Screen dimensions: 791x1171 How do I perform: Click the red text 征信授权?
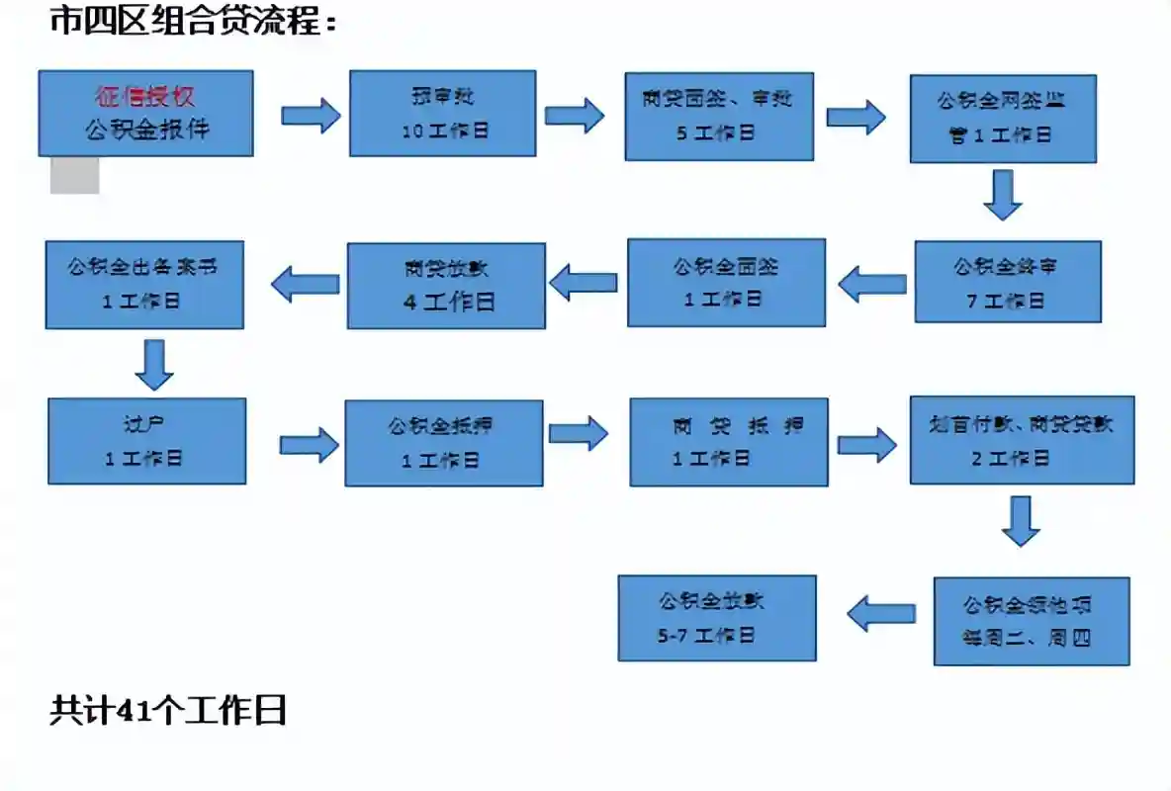[144, 96]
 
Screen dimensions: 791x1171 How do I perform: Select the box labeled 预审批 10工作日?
[442, 114]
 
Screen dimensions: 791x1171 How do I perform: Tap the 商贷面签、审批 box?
[719, 116]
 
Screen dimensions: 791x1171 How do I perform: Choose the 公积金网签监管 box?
[1003, 119]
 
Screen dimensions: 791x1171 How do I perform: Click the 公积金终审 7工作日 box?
[1007, 282]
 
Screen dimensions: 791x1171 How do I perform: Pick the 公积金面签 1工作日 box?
[726, 283]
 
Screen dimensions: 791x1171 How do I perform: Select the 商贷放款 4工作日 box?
[446, 286]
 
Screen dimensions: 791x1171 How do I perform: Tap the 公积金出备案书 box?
[144, 285]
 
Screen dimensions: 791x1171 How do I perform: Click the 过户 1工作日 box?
[146, 441]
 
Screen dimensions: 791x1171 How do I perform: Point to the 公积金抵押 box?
[443, 443]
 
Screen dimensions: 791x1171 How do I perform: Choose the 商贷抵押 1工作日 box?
[729, 442]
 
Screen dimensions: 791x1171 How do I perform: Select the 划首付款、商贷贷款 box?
[1022, 440]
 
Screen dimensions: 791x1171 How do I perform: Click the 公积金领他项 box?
[1032, 621]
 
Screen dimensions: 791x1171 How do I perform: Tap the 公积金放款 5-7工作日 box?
[717, 618]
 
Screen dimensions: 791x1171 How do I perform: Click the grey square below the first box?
[75, 176]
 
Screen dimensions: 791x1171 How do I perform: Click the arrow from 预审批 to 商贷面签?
[575, 116]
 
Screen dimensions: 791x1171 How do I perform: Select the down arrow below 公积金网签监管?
[1003, 194]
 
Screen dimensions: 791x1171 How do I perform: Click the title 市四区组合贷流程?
[194, 22]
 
